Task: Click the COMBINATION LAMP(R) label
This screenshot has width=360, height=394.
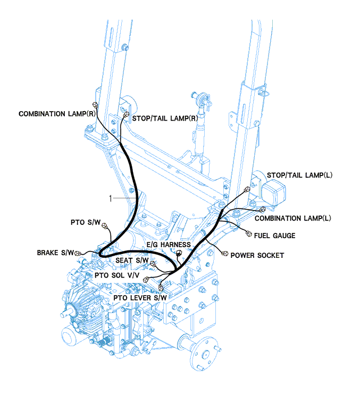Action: coord(57,114)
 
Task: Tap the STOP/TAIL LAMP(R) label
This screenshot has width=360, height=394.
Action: coord(161,118)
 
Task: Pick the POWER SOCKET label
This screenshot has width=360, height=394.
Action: coord(257,255)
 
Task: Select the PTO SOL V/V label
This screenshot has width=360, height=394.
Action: coord(118,275)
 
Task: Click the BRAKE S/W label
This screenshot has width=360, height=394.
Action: coord(56,253)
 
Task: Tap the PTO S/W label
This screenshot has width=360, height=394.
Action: coord(85,222)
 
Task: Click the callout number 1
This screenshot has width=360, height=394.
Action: coord(110,198)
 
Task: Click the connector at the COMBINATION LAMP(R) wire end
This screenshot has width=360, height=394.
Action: coord(95,104)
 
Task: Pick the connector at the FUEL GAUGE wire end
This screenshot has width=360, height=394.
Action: coord(248,232)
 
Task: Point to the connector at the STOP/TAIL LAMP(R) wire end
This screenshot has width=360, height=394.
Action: coord(126,113)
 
